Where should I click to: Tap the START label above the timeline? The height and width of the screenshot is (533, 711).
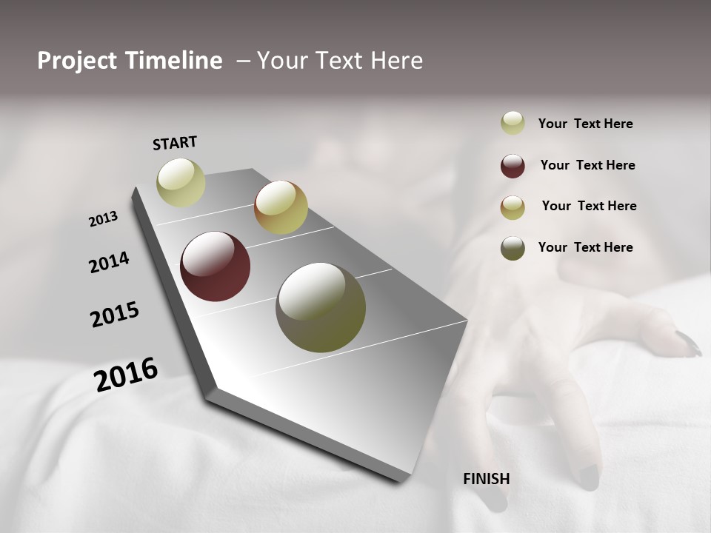pos(175,143)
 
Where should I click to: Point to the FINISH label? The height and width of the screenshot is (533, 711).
pos(487,479)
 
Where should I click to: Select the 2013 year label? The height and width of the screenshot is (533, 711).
pos(103,219)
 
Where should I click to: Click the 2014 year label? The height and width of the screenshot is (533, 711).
pos(109,262)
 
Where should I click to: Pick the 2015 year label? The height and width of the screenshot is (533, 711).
pos(115,315)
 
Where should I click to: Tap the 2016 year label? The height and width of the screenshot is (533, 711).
pos(126,374)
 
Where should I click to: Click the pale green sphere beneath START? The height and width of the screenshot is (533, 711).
pos(181,182)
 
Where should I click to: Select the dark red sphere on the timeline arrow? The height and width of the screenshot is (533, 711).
pos(215,266)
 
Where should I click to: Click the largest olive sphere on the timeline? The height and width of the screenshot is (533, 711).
pos(321,307)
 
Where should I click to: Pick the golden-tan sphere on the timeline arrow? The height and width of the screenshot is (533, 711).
pos(281,207)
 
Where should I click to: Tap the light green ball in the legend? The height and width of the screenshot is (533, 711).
pos(513,123)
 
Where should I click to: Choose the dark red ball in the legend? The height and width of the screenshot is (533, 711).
pos(513,166)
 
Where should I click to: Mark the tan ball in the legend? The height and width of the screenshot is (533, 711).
pos(513,207)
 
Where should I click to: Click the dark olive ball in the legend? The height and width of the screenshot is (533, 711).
pos(513,248)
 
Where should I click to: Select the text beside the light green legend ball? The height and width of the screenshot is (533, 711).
pos(585,124)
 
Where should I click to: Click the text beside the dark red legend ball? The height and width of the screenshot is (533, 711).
pos(587,165)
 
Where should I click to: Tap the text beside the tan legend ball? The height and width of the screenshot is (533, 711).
pos(589,206)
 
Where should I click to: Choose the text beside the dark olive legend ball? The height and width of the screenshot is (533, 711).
pos(585,247)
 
